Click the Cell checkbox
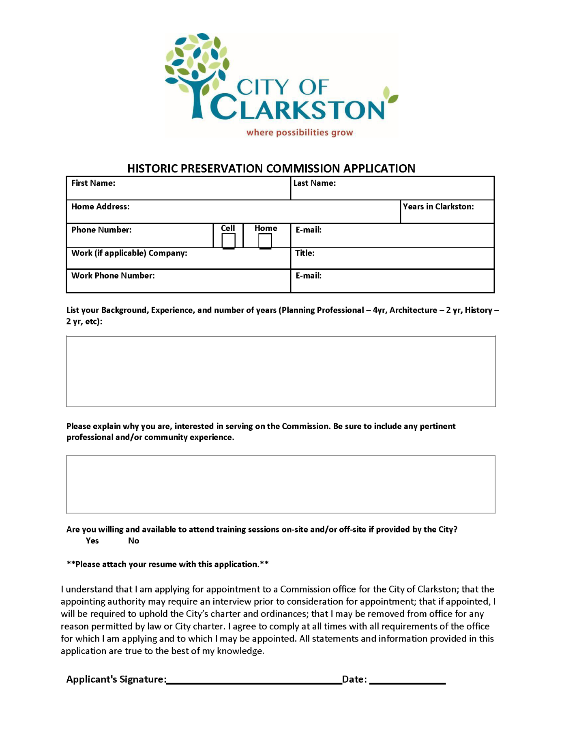(228, 240)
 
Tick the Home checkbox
(265, 241)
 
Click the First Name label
(93, 183)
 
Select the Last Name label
(314, 183)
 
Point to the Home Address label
(100, 206)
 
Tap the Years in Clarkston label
(438, 206)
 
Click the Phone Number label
(101, 230)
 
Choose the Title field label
(305, 253)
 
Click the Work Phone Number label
(113, 276)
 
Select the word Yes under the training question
(92, 541)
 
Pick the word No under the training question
(133, 541)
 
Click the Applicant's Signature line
(254, 680)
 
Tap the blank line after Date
(407, 680)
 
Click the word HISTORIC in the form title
(152, 168)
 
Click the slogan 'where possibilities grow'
(300, 133)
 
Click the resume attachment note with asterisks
(167, 564)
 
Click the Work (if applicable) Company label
(129, 253)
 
